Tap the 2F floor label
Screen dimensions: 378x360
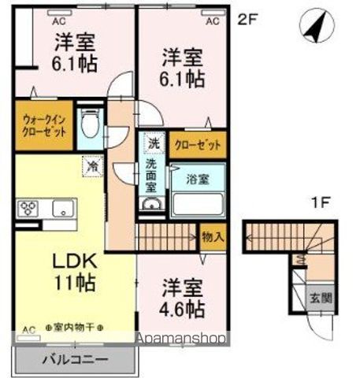pyautogui.click(x=247, y=20)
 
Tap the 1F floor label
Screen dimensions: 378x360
pyautogui.click(x=319, y=202)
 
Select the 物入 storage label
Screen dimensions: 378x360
pyautogui.click(x=212, y=235)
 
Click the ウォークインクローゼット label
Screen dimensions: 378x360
pyautogui.click(x=43, y=124)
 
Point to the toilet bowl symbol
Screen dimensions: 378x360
pyautogui.click(x=91, y=127)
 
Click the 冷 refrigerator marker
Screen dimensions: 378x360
pyautogui.click(x=91, y=166)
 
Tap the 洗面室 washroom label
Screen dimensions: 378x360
pyautogui.click(x=150, y=175)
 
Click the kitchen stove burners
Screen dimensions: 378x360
pyautogui.click(x=29, y=209)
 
